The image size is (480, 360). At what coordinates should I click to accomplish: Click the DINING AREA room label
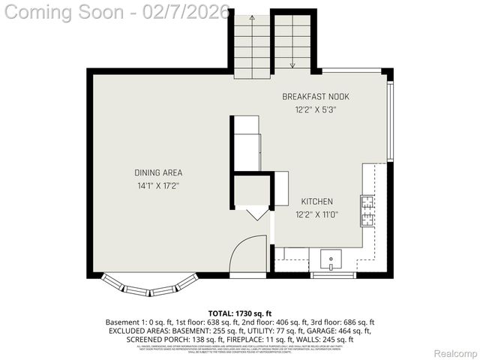pyautogui.click(x=158, y=172)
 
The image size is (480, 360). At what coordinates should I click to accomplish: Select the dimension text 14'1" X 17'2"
pyautogui.click(x=158, y=185)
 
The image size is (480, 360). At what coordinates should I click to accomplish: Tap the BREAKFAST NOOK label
pyautogui.click(x=315, y=97)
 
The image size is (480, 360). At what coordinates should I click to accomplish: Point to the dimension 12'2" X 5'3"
pyautogui.click(x=315, y=109)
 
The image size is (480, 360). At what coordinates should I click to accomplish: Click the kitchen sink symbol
pyautogui.click(x=331, y=259)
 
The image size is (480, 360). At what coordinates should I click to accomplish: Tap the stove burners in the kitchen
pyautogui.click(x=367, y=211)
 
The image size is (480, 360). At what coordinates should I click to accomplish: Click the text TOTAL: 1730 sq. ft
pyautogui.click(x=240, y=313)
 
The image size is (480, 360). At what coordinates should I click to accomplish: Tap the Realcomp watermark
pyautogui.click(x=457, y=352)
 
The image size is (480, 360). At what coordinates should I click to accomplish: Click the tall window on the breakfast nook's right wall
pyautogui.click(x=390, y=120)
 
